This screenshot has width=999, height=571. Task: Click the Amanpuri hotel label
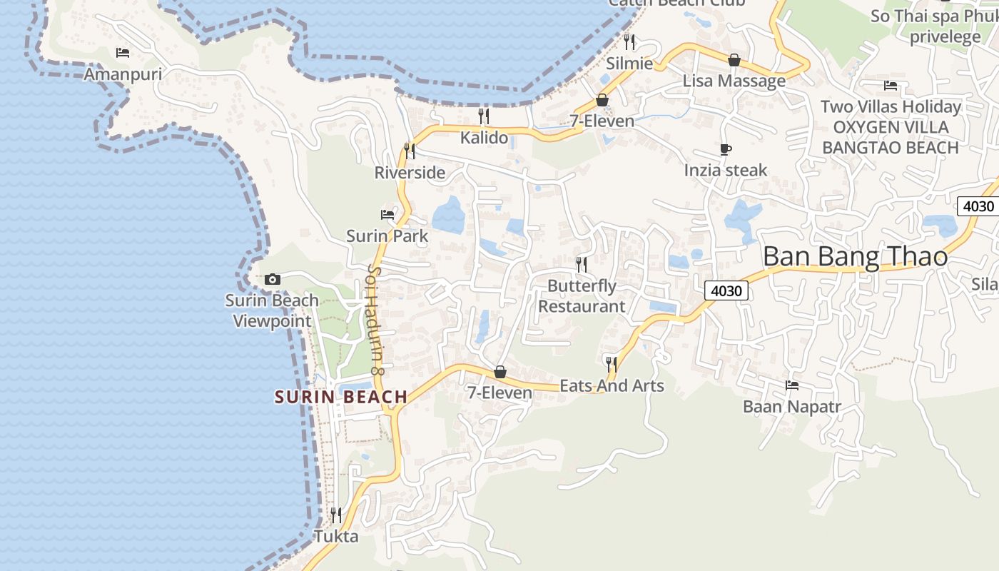pyautogui.click(x=123, y=74)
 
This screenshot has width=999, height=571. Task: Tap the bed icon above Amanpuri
pyautogui.click(x=123, y=53)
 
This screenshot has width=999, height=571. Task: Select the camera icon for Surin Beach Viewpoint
pyautogui.click(x=272, y=279)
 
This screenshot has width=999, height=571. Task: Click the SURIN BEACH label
pyautogui.click(x=341, y=397)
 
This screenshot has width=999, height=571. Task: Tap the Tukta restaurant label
pyautogui.click(x=336, y=536)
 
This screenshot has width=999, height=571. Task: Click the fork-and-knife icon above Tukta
pyautogui.click(x=336, y=515)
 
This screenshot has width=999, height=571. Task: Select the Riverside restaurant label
pyautogui.click(x=410, y=173)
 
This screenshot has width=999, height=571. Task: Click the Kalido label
pyautogui.click(x=484, y=138)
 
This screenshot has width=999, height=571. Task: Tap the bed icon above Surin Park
pyautogui.click(x=387, y=214)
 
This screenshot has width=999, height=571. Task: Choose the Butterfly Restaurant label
pyautogui.click(x=582, y=296)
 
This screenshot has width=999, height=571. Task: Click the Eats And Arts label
pyautogui.click(x=612, y=386)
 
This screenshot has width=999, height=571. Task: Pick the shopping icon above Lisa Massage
pyautogui.click(x=734, y=60)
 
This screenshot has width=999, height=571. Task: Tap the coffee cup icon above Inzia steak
pyautogui.click(x=726, y=149)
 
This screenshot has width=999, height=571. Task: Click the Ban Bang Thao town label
pyautogui.click(x=855, y=257)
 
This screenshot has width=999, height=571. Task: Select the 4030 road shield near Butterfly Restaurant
pyautogui.click(x=727, y=290)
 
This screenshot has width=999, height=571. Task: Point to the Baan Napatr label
pyautogui.click(x=792, y=407)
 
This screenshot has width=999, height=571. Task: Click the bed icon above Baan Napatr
pyautogui.click(x=792, y=385)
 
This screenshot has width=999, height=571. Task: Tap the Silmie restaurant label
pyautogui.click(x=629, y=64)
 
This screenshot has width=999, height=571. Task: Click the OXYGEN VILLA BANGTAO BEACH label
pyautogui.click(x=891, y=138)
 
